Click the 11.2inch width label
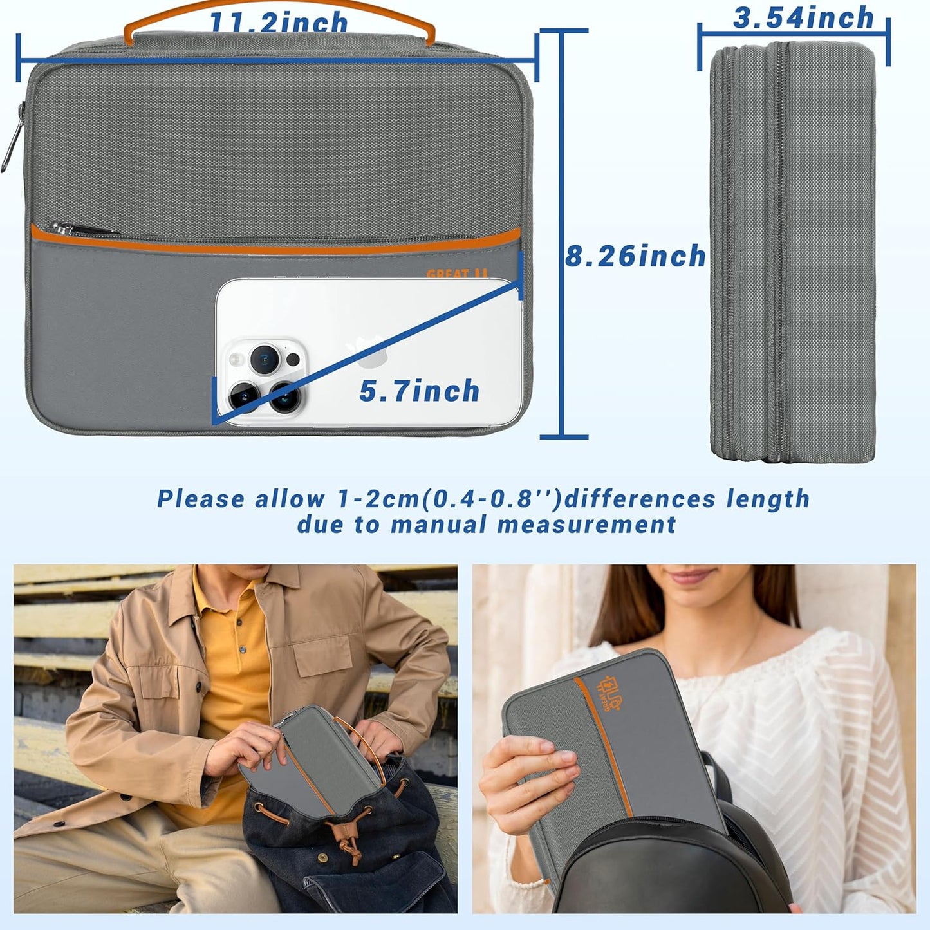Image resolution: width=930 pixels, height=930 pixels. (278, 24)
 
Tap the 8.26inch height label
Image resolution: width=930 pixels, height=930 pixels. (635, 256)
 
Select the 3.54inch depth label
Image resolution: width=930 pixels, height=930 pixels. (803, 18)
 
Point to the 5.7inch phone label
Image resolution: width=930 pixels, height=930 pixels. (419, 391)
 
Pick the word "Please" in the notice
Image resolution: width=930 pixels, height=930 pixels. (201, 499)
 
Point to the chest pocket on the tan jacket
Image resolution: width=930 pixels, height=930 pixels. (325, 653)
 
